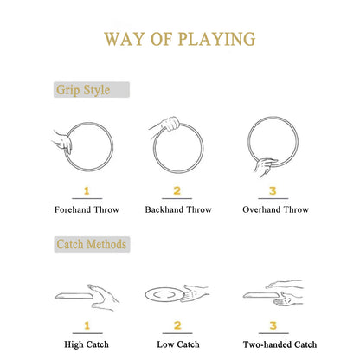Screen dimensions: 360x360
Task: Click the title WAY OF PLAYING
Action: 180,39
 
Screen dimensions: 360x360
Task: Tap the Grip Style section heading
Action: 83,90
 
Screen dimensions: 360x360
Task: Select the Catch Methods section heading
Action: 92,244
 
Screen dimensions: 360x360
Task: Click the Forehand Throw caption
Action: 87,209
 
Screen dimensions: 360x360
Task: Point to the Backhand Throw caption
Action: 178,209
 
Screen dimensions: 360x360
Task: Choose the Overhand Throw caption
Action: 275,209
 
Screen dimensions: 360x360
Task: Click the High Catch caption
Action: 87,344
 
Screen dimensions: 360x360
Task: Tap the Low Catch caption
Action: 178,344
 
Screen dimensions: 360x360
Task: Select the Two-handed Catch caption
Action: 280,344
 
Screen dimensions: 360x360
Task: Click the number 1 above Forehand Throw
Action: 87,190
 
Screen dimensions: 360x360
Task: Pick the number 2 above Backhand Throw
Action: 177,190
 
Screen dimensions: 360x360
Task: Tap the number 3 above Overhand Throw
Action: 273,190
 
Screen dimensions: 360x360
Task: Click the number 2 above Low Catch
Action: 177,325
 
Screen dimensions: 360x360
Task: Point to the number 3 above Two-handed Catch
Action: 273,325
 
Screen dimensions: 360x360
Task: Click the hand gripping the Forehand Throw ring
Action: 63,142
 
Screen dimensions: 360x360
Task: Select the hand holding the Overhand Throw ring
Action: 265,167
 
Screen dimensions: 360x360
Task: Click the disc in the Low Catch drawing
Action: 164,294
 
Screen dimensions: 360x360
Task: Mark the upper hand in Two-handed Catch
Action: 284,285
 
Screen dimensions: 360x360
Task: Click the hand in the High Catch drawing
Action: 104,297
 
